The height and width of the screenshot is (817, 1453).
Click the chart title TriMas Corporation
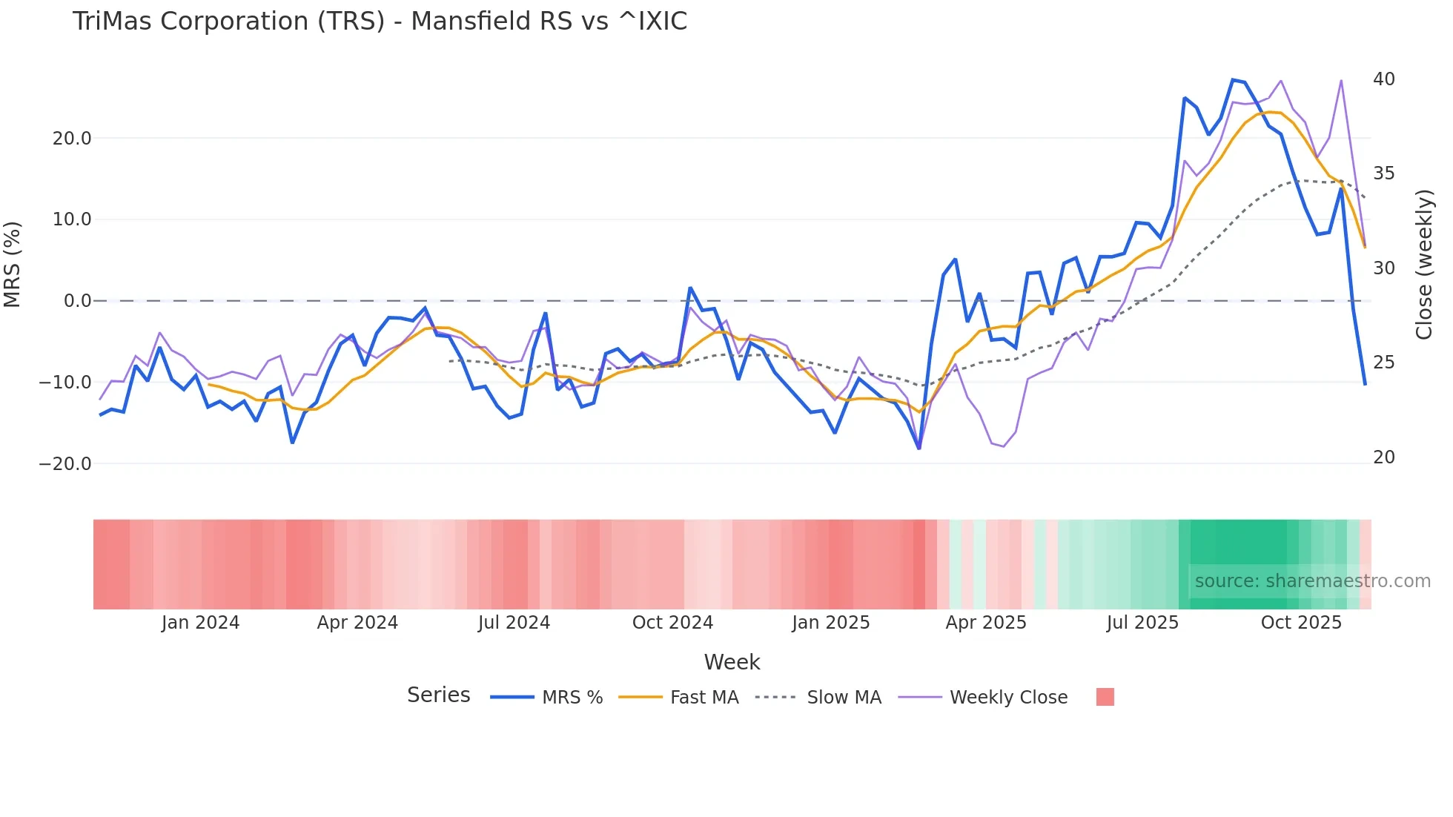click(380, 21)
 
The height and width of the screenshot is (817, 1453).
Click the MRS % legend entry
click(572, 698)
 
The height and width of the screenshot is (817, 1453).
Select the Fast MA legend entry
click(704, 698)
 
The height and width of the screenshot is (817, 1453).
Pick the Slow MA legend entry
click(844, 698)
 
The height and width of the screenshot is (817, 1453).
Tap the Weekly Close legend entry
click(1008, 698)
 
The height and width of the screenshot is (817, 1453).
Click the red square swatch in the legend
click(1105, 697)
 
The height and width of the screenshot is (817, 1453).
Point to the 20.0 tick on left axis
click(72, 139)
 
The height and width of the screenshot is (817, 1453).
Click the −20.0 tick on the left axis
click(65, 464)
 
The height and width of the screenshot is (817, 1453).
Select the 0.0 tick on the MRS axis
click(77, 301)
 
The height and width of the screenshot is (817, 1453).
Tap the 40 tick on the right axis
click(1383, 79)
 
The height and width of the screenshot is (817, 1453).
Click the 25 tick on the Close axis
click(1383, 363)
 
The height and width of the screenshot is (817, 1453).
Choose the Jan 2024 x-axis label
click(200, 623)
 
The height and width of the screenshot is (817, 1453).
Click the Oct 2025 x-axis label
click(1301, 623)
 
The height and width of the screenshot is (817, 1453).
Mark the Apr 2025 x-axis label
click(985, 623)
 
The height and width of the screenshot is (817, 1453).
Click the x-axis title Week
click(732, 662)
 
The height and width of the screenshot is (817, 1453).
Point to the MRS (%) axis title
click(13, 265)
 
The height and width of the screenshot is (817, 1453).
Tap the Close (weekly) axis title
click(1423, 265)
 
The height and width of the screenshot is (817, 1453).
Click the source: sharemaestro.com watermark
click(1312, 581)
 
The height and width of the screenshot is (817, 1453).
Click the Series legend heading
click(438, 695)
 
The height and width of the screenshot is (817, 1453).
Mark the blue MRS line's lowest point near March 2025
click(919, 448)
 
